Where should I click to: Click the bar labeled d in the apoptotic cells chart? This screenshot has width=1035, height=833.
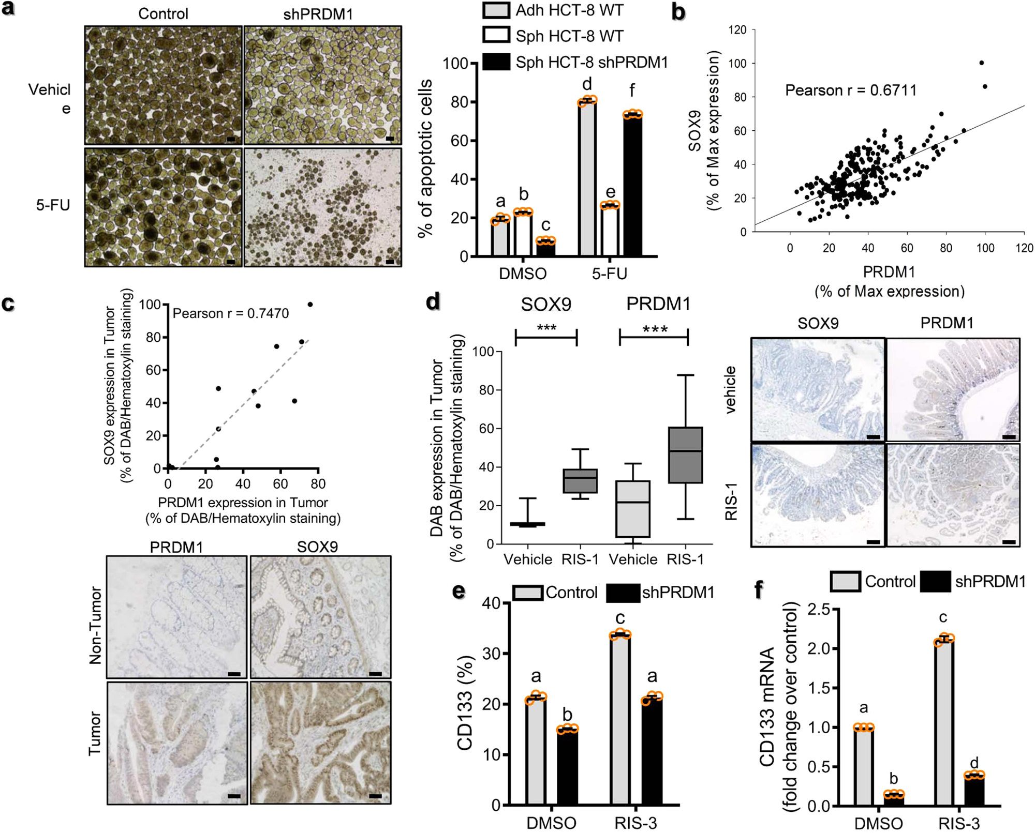587,178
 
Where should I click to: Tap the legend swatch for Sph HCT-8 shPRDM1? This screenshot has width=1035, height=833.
496,62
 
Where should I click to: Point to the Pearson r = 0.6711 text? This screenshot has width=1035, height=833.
850,90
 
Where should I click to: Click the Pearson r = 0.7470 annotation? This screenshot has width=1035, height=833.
230,313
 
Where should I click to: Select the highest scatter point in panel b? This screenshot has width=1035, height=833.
981,63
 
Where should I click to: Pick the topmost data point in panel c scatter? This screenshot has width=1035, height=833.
310,305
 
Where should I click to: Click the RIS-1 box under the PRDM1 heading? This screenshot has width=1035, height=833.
685,455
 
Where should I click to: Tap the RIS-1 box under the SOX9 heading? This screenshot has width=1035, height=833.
580,481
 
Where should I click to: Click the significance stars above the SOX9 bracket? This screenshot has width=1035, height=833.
546,328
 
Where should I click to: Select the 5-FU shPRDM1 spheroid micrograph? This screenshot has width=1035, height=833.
323,207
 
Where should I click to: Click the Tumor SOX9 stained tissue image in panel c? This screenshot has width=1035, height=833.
321,743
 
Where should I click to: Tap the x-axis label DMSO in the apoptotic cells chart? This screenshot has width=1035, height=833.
522,273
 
